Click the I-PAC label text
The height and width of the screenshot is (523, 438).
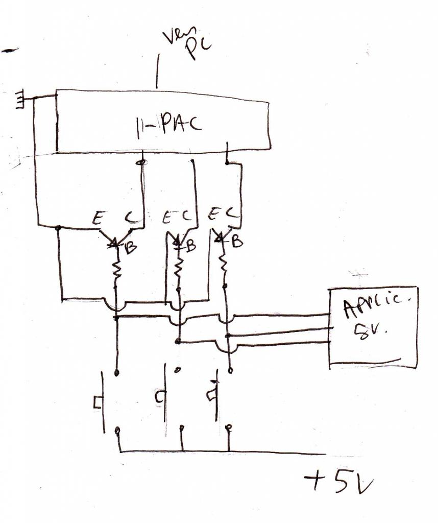(x=168, y=124)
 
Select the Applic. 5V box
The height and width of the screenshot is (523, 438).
(x=373, y=327)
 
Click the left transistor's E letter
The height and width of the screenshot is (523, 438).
(x=96, y=219)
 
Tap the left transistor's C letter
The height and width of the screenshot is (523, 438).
(x=130, y=218)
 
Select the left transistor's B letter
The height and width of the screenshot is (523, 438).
(x=131, y=249)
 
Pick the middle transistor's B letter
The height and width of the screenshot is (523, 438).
(x=190, y=246)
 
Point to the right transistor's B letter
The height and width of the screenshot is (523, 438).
(x=237, y=242)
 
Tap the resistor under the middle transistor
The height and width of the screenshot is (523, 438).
(x=179, y=266)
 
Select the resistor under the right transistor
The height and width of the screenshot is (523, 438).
(x=224, y=264)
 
